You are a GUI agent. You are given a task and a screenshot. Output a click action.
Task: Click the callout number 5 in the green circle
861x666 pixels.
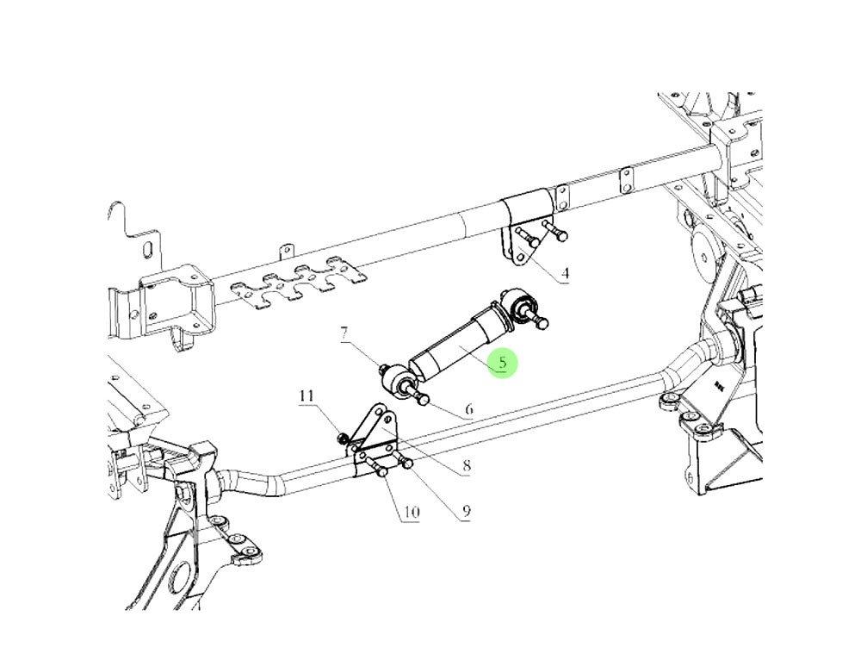[x=502, y=362]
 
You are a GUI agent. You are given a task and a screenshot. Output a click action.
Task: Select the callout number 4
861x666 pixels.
[x=565, y=275]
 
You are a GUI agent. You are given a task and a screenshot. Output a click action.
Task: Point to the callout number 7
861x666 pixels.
[x=344, y=332]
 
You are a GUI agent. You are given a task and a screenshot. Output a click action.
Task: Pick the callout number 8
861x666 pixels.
[x=466, y=466]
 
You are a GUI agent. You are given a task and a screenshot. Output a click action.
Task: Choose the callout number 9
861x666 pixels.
[x=466, y=512]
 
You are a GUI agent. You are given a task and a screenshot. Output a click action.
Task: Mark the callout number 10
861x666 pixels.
[x=411, y=513]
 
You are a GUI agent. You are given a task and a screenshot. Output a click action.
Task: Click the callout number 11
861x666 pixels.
[x=307, y=396]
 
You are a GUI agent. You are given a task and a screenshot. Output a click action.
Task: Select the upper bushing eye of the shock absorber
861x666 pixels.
[x=520, y=304]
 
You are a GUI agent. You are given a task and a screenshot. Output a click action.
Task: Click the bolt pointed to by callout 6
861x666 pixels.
[x=423, y=398]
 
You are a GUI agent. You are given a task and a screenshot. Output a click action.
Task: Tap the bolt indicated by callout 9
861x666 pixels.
[x=404, y=464]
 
